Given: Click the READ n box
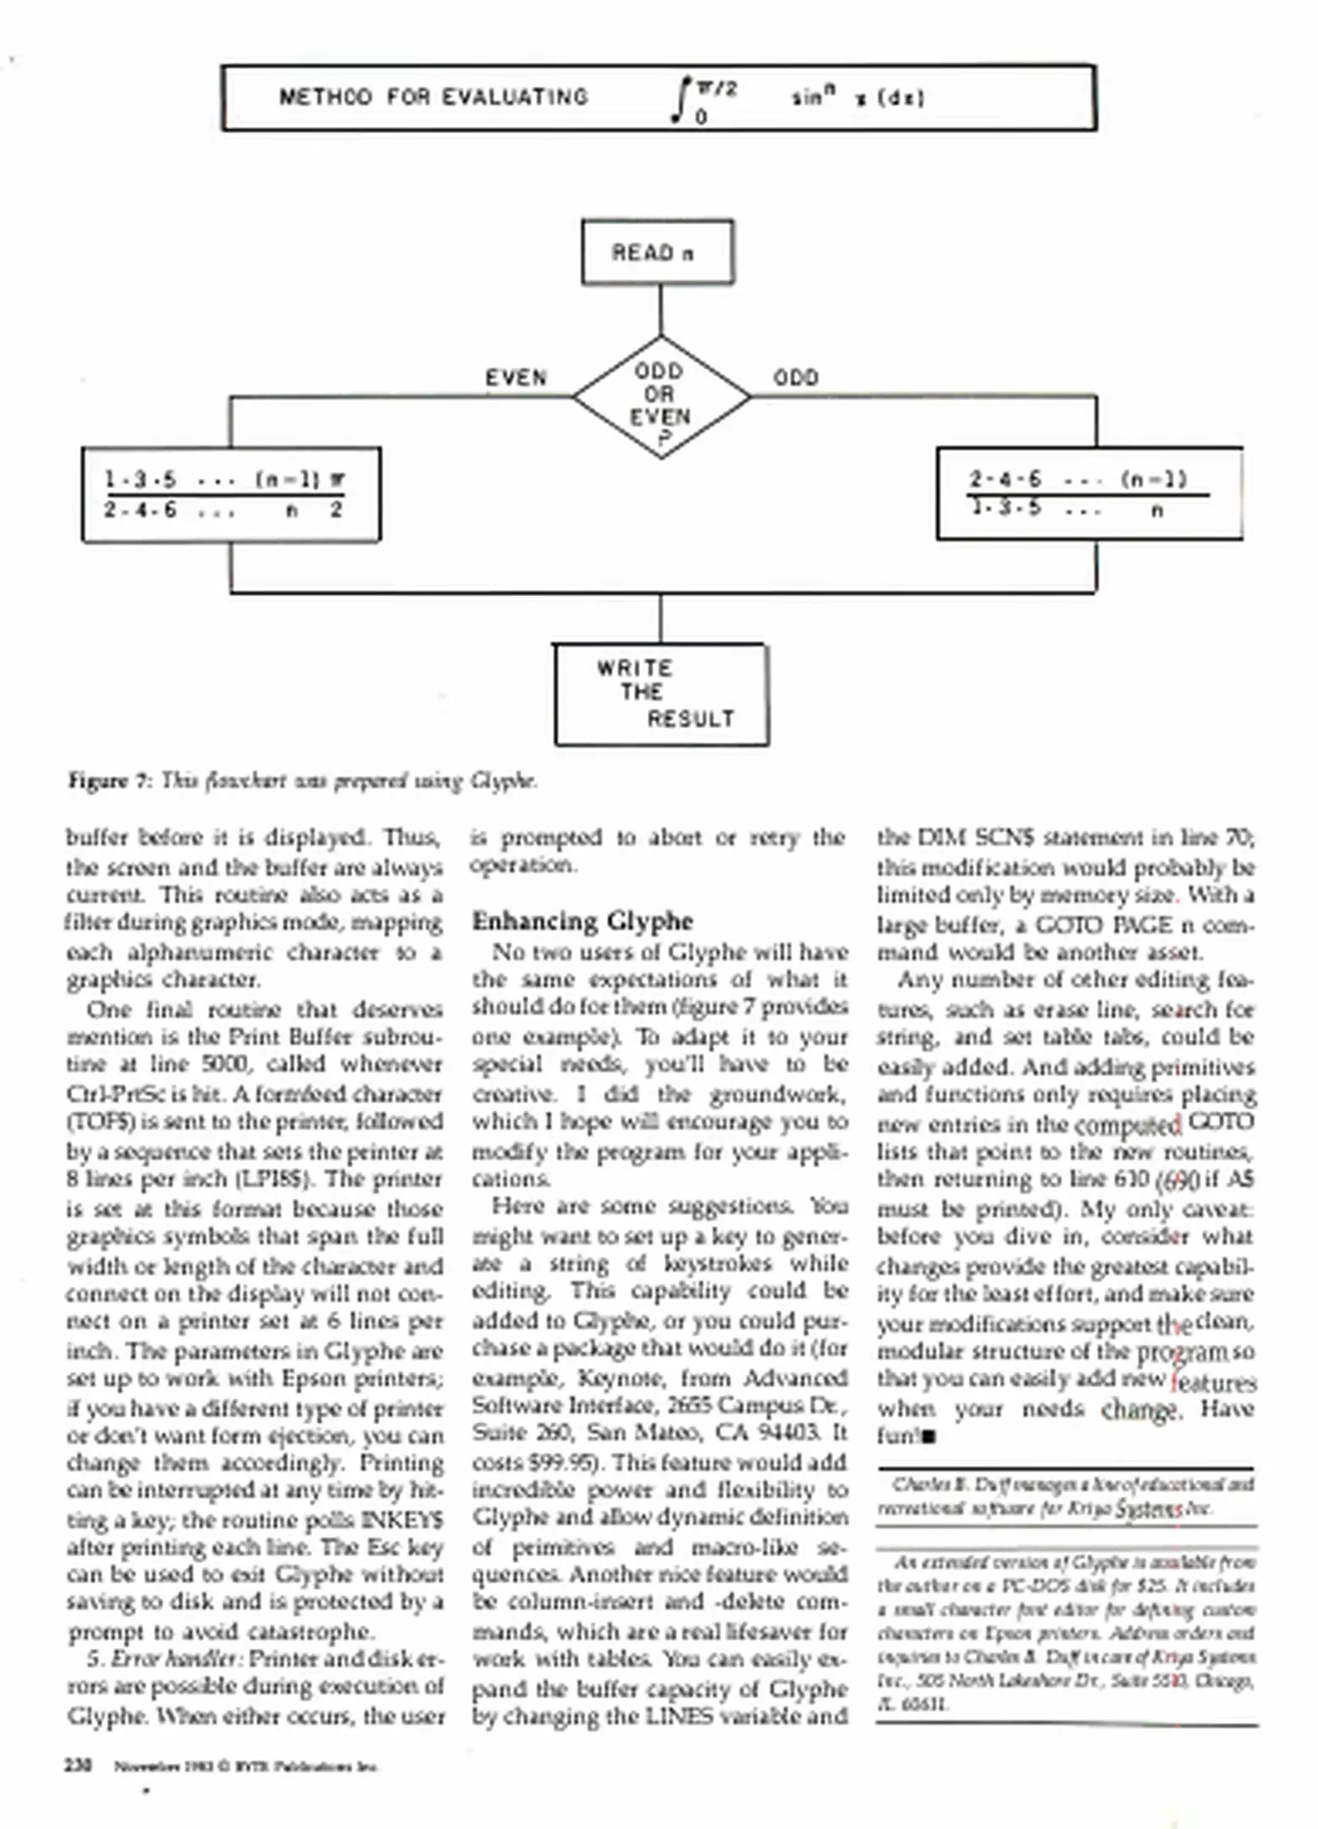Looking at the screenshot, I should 657,252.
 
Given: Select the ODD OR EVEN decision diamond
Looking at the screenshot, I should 661,396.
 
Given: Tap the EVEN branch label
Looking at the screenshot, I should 516,378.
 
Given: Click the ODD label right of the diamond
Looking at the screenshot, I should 796,378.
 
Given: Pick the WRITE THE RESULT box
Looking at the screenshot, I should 661,694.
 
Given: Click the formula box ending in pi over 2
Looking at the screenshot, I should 231,495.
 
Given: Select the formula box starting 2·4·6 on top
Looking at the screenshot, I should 1089,495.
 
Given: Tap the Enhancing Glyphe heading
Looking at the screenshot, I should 582,920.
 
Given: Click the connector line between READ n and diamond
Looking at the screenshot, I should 660,310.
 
